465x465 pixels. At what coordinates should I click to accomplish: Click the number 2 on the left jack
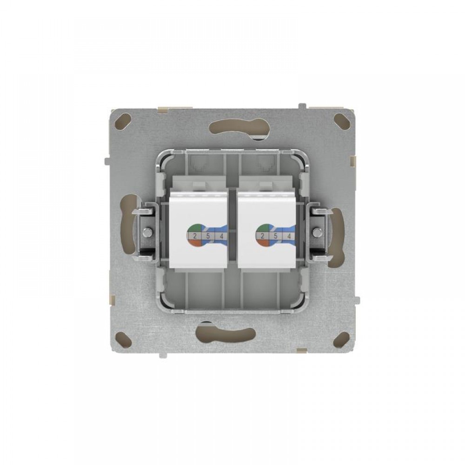(195, 236)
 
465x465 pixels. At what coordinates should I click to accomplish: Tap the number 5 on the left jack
(208, 236)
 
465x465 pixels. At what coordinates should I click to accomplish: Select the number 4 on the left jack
(221, 236)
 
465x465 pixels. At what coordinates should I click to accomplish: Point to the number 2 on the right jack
(262, 236)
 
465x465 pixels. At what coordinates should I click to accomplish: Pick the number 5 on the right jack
(275, 236)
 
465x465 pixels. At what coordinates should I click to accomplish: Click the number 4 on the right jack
(289, 236)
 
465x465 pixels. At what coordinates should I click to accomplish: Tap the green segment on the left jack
(194, 228)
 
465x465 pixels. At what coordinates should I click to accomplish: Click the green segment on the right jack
(261, 228)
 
